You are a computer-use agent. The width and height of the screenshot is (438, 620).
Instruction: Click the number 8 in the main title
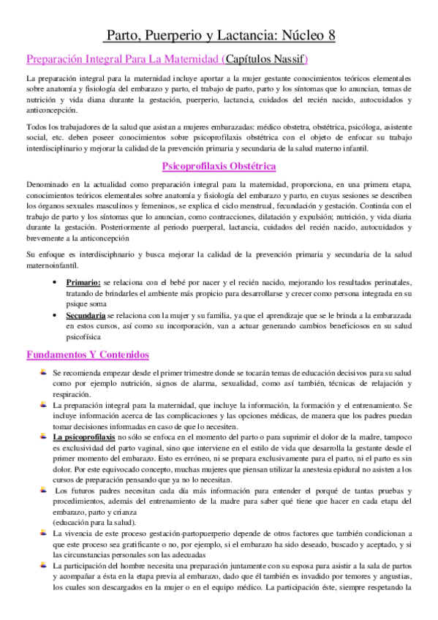[331, 35]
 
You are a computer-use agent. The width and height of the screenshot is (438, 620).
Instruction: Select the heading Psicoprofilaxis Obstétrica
[219, 167]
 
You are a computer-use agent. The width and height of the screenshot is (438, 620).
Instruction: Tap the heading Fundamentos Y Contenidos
[88, 355]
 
